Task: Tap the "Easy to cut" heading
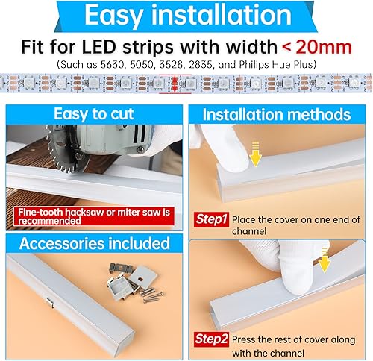(x=93, y=113)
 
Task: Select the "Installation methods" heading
(x=277, y=114)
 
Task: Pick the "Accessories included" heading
(x=94, y=244)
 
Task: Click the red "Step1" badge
(x=211, y=220)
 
